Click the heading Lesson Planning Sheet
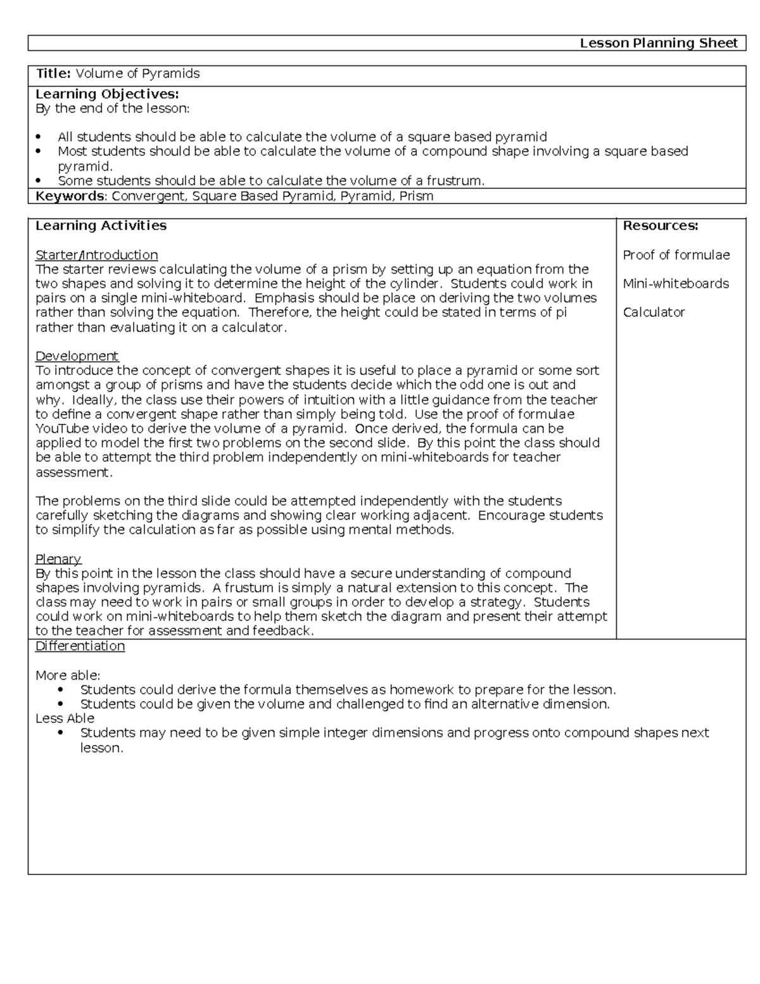[x=659, y=43]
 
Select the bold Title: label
[x=53, y=73]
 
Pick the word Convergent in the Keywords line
[x=149, y=196]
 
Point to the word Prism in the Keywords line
[x=416, y=196]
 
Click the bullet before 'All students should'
[x=39, y=137]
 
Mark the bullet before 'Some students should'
[x=39, y=181]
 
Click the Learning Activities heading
[x=101, y=226]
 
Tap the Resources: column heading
[x=661, y=226]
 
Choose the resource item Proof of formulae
[x=676, y=255]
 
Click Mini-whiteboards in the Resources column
[x=676, y=283]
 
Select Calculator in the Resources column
[x=654, y=312]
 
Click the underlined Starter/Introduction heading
[x=96, y=255]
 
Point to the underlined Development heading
[x=77, y=355]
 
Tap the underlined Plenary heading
[x=58, y=559]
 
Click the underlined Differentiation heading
[x=80, y=646]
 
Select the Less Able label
[x=65, y=718]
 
